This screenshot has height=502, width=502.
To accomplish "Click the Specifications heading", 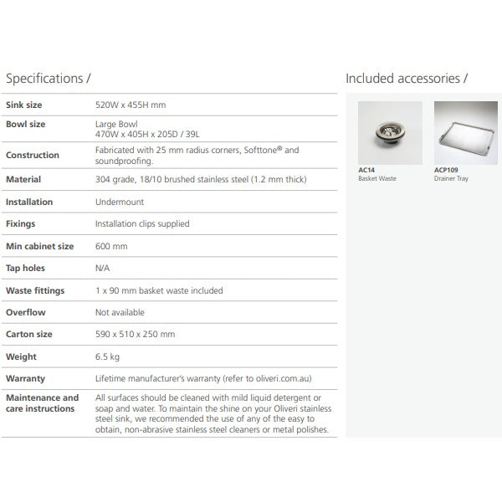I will click(49, 79).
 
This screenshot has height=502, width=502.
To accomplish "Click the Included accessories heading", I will click(407, 79).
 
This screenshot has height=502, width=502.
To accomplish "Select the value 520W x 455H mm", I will click(131, 105).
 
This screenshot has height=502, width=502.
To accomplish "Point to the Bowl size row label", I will click(25, 124).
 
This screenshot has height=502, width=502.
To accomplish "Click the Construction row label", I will click(33, 155).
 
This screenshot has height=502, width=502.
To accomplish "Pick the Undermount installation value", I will click(119, 202).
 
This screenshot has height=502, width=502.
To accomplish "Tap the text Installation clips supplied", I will click(142, 223).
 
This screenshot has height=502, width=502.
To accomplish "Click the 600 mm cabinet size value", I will click(111, 246).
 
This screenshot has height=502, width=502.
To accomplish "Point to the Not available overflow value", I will click(120, 312).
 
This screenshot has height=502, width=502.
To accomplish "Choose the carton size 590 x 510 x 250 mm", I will click(135, 334).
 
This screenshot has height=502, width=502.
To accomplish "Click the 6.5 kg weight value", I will click(108, 356).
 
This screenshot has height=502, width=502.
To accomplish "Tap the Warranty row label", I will click(25, 378).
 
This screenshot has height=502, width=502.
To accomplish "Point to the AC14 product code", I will click(366, 170).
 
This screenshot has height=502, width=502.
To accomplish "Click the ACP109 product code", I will click(446, 170).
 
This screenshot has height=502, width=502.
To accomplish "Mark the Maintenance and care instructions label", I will click(42, 402).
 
